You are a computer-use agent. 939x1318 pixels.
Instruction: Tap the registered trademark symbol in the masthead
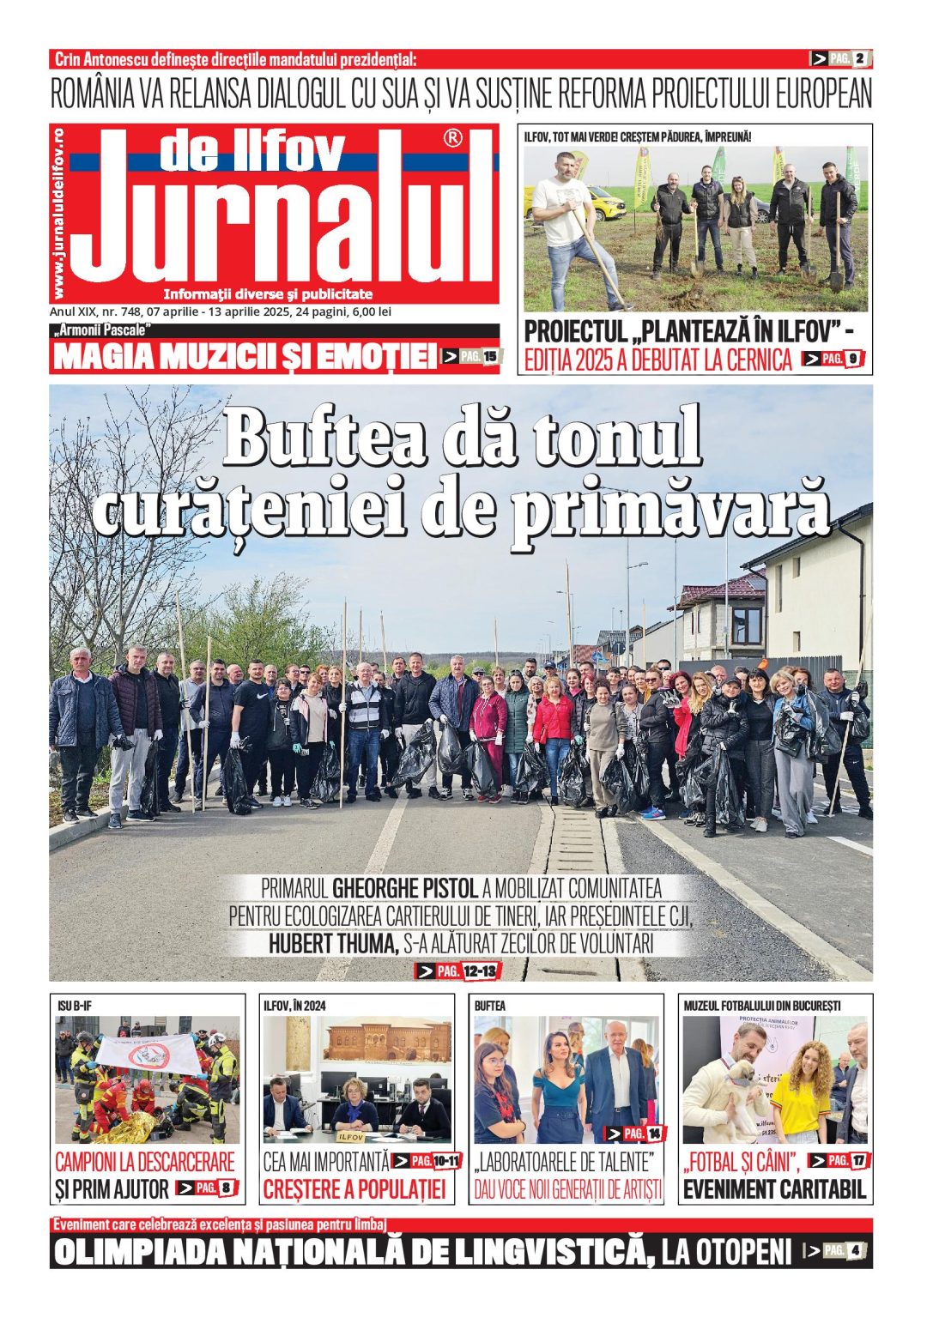(x=452, y=138)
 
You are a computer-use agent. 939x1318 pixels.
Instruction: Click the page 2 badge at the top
(x=841, y=58)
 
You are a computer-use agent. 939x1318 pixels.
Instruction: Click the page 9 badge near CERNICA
(x=833, y=359)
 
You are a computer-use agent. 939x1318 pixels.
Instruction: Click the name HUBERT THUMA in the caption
(x=333, y=944)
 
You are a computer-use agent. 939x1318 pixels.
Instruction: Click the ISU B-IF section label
(x=75, y=1006)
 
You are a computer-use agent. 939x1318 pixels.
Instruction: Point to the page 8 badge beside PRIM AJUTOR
(x=206, y=1188)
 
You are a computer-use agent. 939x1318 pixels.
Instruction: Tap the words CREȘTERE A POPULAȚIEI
(x=354, y=1190)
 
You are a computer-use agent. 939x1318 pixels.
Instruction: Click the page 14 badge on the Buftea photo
(x=636, y=1134)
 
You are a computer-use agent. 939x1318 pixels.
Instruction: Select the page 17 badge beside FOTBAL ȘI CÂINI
(x=839, y=1161)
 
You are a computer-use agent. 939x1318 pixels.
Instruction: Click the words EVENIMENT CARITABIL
(x=774, y=1190)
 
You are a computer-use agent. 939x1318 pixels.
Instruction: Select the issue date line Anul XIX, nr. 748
(x=221, y=312)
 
